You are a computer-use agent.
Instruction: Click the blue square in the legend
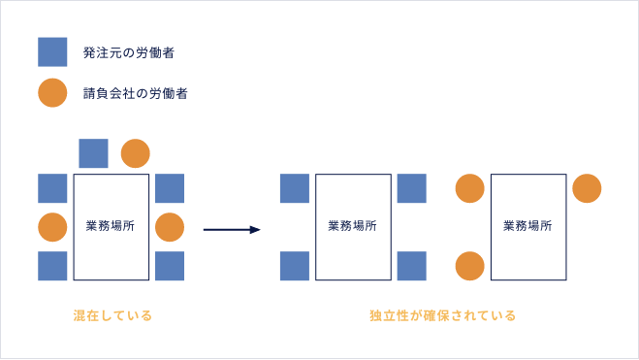click(x=52, y=51)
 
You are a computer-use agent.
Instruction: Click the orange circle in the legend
click(x=52, y=93)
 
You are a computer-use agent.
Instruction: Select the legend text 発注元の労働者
click(x=121, y=51)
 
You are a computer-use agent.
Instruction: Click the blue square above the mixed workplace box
click(x=93, y=153)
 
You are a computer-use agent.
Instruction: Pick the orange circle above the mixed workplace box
click(x=135, y=153)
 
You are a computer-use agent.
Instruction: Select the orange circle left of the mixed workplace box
click(x=52, y=227)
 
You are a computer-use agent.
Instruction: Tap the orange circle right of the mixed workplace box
click(x=169, y=227)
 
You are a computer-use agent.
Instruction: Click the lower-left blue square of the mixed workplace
click(x=52, y=266)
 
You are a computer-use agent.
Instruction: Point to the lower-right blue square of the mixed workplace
click(x=169, y=266)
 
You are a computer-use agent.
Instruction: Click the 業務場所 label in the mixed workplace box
click(x=111, y=226)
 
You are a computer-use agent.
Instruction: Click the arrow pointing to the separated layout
click(x=232, y=230)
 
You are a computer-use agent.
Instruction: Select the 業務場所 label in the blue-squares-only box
click(x=353, y=226)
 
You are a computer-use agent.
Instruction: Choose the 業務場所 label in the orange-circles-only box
click(x=527, y=226)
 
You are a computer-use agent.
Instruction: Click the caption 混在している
click(x=112, y=315)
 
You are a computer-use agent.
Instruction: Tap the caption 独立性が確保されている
click(x=442, y=315)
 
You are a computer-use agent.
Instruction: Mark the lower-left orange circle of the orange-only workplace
click(x=469, y=266)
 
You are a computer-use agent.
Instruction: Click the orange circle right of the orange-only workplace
click(x=587, y=188)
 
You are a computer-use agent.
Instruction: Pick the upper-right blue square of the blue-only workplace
click(x=411, y=188)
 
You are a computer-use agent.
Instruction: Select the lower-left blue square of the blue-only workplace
click(x=294, y=266)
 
